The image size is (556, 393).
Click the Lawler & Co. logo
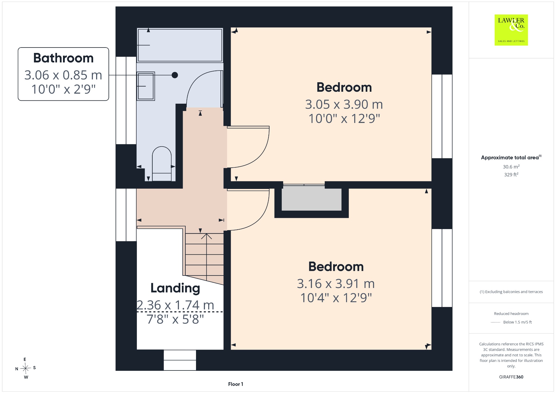point(511,30)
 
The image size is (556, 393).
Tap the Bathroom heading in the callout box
point(64,58)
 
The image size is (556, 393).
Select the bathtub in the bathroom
point(180,45)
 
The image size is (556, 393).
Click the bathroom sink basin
point(146,86)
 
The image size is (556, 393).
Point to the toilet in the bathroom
point(162,164)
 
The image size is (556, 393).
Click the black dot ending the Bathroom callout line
point(175,75)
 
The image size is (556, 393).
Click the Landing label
point(175,288)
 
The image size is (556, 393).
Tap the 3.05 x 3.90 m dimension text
point(344,104)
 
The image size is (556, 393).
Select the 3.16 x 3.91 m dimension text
point(336,284)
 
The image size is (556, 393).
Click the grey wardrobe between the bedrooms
point(311,199)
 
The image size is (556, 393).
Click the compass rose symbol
point(26,368)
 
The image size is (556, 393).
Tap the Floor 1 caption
point(236,384)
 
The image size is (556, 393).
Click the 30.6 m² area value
point(511,167)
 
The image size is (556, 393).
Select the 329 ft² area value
point(511,175)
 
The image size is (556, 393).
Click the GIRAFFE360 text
point(511,377)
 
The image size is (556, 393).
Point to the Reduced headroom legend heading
point(511,313)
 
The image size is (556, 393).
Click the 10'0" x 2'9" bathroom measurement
point(64,89)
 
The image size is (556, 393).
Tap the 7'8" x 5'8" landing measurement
point(175,319)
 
